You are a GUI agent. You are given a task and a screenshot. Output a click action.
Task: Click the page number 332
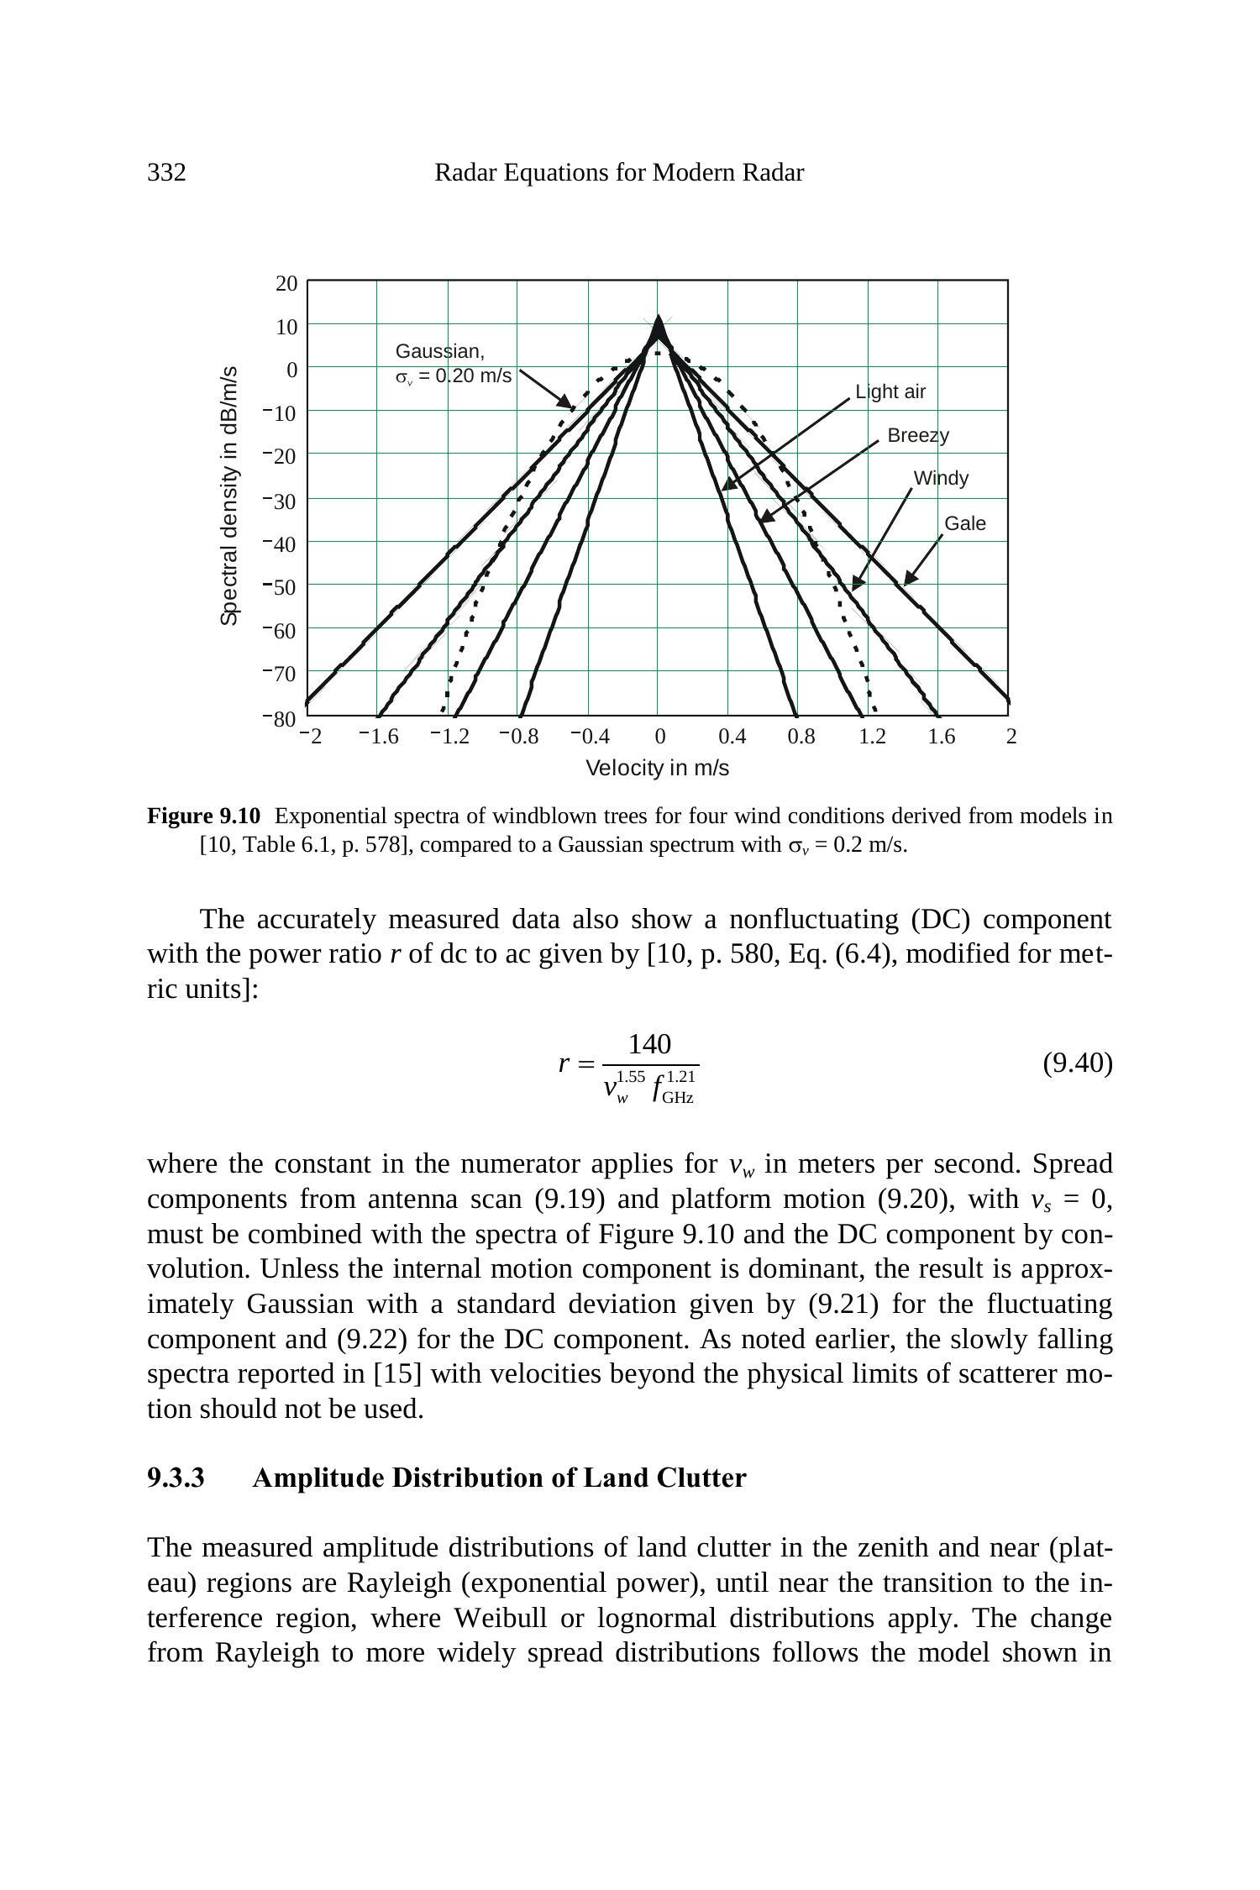(x=166, y=173)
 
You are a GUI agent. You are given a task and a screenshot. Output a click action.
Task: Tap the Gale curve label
(x=964, y=523)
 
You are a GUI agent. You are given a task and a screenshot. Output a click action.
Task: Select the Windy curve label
(x=941, y=478)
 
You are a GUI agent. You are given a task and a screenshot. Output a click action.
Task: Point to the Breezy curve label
(x=918, y=435)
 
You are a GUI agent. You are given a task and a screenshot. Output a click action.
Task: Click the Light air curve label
(x=890, y=391)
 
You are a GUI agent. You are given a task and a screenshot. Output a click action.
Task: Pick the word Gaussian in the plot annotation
(x=439, y=351)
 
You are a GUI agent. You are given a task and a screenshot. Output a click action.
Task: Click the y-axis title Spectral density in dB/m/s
(x=229, y=496)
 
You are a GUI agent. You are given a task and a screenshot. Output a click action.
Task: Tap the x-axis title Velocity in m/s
(x=657, y=768)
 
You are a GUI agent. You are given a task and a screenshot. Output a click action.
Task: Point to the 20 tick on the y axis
(x=286, y=284)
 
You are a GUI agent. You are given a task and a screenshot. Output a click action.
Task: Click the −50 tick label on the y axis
(x=281, y=587)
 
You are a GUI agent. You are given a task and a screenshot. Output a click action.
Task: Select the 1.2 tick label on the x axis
(x=872, y=737)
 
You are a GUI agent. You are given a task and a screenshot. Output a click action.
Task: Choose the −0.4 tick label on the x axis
(x=590, y=737)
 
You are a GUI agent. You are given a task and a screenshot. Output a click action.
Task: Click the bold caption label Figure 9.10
(x=204, y=816)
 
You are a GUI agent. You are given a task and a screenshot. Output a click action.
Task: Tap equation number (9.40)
(x=1077, y=1063)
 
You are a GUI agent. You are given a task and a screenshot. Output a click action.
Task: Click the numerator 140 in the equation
(x=649, y=1044)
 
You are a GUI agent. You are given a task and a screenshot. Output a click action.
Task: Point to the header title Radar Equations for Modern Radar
(x=619, y=173)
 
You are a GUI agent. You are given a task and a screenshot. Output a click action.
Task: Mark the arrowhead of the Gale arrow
(x=908, y=580)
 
